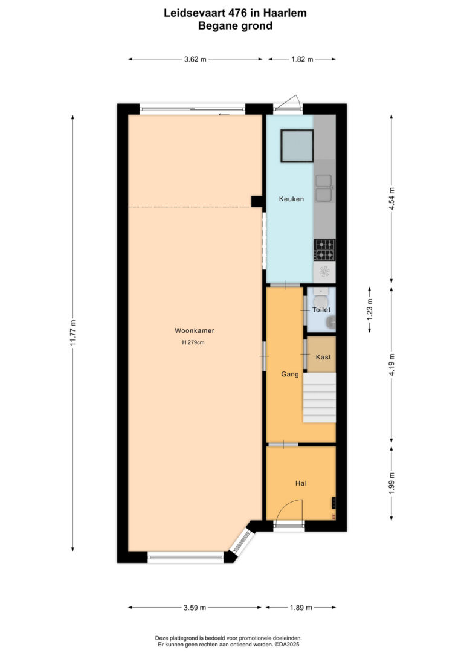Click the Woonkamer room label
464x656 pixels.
click(195, 330)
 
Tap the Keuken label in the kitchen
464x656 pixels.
click(291, 199)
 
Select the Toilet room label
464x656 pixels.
click(321, 310)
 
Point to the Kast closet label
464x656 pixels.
click(323, 357)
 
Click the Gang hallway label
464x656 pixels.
click(290, 374)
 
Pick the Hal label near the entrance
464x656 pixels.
click(301, 483)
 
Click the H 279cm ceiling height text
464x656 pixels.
click(193, 342)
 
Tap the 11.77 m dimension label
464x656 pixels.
click(72, 333)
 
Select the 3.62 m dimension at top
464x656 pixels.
click(195, 59)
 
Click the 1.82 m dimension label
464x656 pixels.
click(302, 59)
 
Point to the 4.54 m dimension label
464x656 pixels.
click(391, 199)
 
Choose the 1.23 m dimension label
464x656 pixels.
click(369, 310)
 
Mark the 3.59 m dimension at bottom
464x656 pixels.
click(195, 608)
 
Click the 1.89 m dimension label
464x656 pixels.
click(301, 608)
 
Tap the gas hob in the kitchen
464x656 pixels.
click(324, 249)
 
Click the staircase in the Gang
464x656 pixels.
click(319, 398)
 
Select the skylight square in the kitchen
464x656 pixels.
click(297, 146)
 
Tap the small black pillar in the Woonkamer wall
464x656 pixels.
click(257, 201)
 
